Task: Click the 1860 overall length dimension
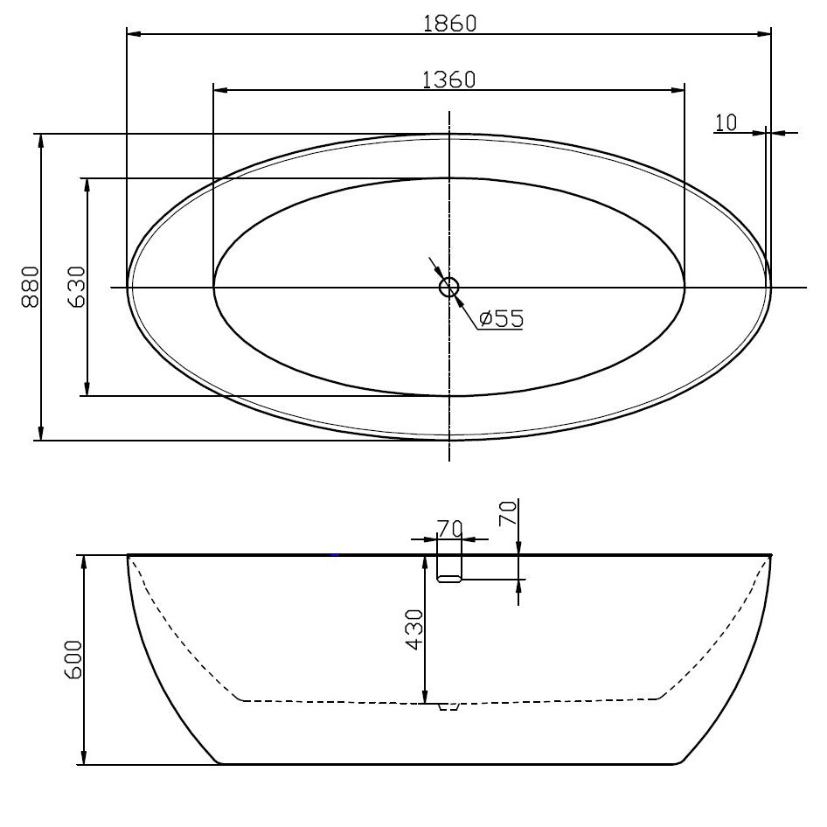(449, 24)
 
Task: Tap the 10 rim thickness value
(726, 122)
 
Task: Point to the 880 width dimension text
(30, 287)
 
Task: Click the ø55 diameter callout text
(501, 319)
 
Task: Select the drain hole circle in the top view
(449, 287)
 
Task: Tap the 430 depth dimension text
(413, 629)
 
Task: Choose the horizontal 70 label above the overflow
(449, 529)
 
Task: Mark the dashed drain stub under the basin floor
(448, 705)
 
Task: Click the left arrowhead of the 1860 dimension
(134, 34)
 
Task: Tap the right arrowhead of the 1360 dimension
(678, 89)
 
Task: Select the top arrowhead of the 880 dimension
(40, 140)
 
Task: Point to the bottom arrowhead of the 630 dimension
(87, 390)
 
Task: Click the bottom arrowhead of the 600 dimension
(84, 759)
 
